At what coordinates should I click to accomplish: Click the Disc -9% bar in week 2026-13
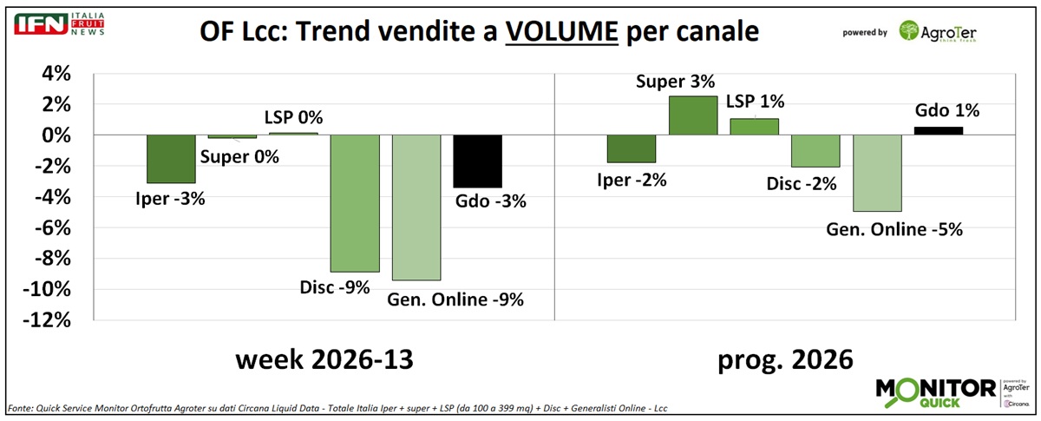point(355,203)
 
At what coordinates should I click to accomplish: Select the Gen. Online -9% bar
point(416,207)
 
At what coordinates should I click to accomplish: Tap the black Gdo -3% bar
point(477,161)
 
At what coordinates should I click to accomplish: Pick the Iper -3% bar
point(171,159)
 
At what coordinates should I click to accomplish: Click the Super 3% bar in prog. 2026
point(693,115)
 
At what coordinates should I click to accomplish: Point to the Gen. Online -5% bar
point(878,174)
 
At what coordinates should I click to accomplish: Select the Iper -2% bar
point(632,149)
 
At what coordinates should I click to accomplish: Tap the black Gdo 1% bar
point(939,131)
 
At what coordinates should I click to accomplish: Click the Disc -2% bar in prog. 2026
point(816,151)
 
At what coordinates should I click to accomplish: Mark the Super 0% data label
point(240,157)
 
